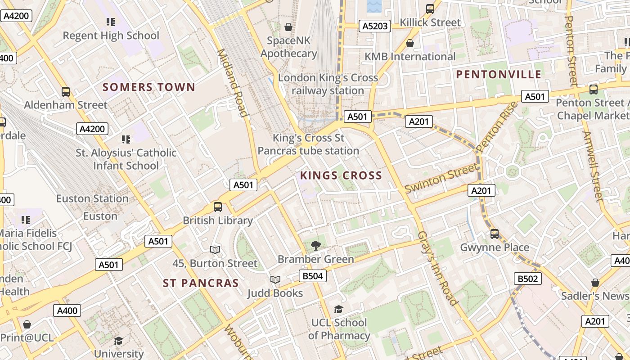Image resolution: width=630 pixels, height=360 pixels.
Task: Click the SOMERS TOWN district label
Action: [x=149, y=87]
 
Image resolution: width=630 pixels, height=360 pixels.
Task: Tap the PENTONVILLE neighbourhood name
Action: [x=499, y=75]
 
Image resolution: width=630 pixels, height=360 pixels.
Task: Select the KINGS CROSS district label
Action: [x=341, y=175]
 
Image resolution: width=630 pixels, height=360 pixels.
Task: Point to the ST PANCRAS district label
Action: [x=201, y=283]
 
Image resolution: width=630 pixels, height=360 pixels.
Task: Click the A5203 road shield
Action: [x=375, y=26]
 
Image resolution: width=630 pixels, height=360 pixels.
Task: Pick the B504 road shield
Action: [x=313, y=276]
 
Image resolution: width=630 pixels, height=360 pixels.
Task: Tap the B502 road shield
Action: [x=527, y=279]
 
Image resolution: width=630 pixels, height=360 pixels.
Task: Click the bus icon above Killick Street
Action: [x=430, y=9]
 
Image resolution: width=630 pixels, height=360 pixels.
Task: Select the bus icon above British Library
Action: [x=218, y=207]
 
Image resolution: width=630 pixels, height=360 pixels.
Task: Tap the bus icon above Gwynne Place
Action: [x=495, y=234]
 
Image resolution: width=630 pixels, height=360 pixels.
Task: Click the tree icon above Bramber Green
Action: [x=316, y=245]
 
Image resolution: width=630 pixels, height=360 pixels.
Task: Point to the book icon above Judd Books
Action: [x=275, y=280]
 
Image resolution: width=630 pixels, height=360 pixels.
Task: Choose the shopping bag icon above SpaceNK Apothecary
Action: [x=288, y=27]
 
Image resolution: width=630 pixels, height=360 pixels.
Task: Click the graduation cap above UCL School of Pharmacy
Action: [x=338, y=309]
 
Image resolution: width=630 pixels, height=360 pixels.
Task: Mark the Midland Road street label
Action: [x=233, y=83]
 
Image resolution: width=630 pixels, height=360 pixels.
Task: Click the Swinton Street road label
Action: [x=441, y=179]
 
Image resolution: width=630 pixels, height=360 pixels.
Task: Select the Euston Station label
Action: [x=92, y=198]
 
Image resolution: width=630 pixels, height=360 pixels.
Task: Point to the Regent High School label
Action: [x=111, y=36]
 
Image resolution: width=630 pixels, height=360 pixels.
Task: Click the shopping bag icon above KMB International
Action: [x=410, y=43]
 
